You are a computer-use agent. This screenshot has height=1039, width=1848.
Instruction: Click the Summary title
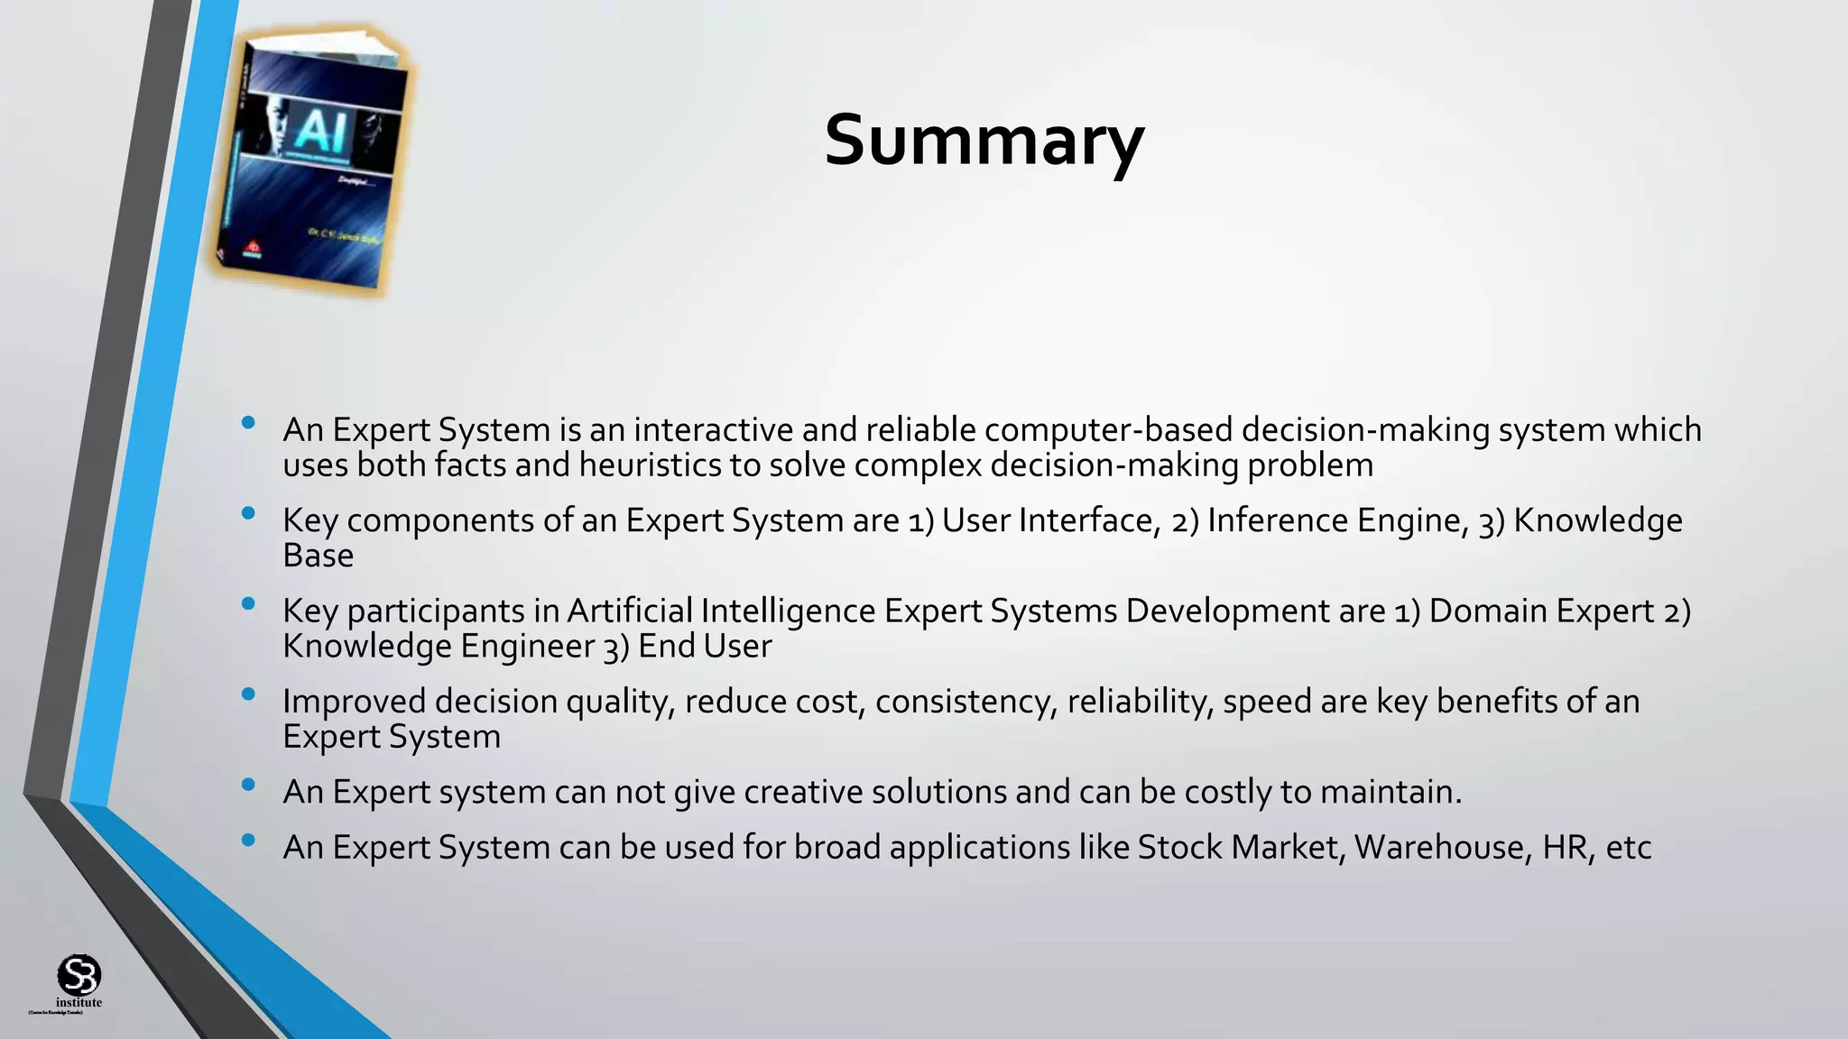tap(984, 142)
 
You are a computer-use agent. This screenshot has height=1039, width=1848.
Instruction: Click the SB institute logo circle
tap(79, 975)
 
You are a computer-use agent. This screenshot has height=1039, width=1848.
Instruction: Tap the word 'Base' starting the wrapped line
tap(318, 556)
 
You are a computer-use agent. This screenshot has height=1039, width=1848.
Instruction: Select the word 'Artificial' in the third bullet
tap(629, 611)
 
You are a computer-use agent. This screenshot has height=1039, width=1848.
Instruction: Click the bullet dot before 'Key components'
tap(248, 513)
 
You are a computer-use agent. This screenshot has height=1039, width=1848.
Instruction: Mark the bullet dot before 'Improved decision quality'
tap(248, 694)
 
